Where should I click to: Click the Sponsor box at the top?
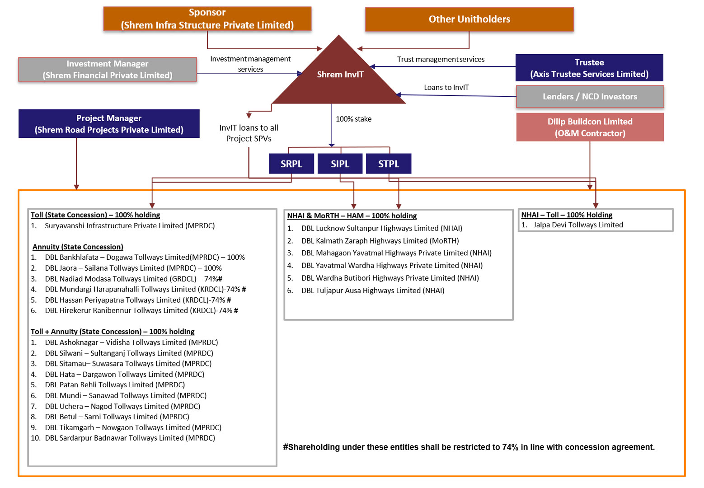(207, 19)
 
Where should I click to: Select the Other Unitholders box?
(469, 19)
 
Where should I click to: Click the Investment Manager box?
(108, 70)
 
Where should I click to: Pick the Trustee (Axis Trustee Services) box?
(589, 68)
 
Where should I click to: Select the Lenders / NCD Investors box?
(590, 97)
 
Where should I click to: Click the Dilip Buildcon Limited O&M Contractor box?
(590, 127)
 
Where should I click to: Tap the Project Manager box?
(109, 124)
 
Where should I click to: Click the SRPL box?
(291, 164)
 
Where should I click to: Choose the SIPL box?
(340, 164)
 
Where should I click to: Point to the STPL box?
(389, 164)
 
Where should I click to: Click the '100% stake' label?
(353, 119)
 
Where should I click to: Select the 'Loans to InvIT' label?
(446, 87)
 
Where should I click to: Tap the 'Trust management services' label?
(441, 59)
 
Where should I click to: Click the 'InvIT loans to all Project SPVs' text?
(249, 133)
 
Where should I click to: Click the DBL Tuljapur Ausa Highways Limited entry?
(372, 291)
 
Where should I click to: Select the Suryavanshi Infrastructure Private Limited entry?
(130, 225)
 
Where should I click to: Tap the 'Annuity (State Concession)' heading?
(78, 247)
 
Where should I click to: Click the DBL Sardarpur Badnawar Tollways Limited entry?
(130, 438)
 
